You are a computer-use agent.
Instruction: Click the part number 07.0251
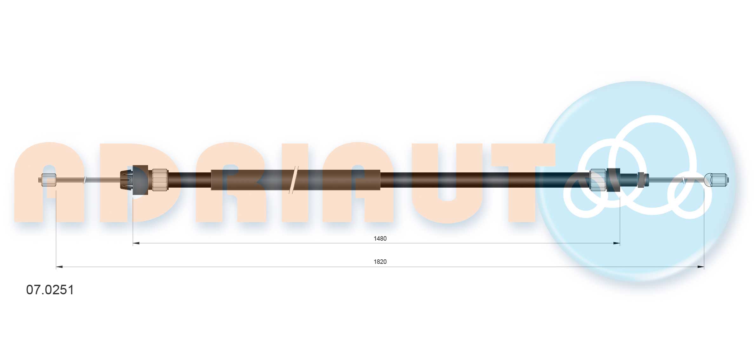[x=50, y=290]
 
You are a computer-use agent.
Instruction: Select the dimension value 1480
[x=380, y=238]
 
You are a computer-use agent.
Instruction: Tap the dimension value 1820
[x=380, y=262]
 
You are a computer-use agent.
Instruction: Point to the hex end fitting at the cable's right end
[x=717, y=180]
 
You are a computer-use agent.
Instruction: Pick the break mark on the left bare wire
[x=84, y=180]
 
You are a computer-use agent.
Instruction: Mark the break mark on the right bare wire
[x=684, y=180]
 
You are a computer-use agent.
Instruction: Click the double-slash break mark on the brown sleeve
[x=294, y=180]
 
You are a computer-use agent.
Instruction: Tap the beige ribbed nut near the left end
[x=160, y=180]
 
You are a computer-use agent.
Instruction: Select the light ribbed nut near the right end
[x=598, y=180]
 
